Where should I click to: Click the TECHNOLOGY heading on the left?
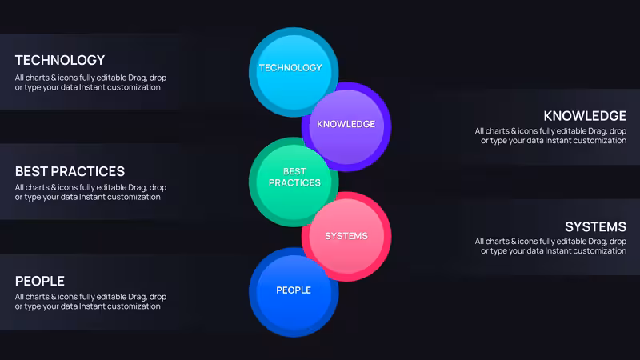click(60, 61)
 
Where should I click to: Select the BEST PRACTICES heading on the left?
click(70, 171)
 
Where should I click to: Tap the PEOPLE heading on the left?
click(39, 282)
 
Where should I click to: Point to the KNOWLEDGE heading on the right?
click(585, 116)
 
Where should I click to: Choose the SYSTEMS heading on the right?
click(595, 226)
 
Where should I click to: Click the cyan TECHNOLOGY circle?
click(294, 72)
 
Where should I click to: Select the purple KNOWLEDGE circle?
click(346, 126)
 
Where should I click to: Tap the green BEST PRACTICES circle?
click(294, 182)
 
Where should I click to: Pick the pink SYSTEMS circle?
click(346, 236)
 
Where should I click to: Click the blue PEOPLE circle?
click(294, 292)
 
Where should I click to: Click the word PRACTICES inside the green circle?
click(294, 183)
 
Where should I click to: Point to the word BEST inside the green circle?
click(294, 171)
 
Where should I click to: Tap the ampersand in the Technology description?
click(54, 78)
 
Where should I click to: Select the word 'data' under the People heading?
click(69, 306)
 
